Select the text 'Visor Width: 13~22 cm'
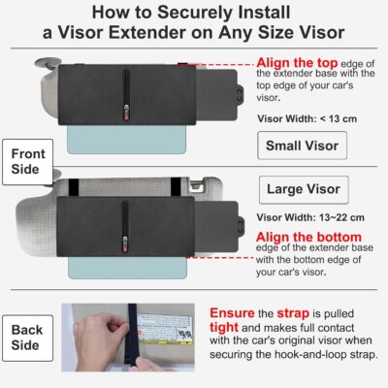(x=300, y=216)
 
